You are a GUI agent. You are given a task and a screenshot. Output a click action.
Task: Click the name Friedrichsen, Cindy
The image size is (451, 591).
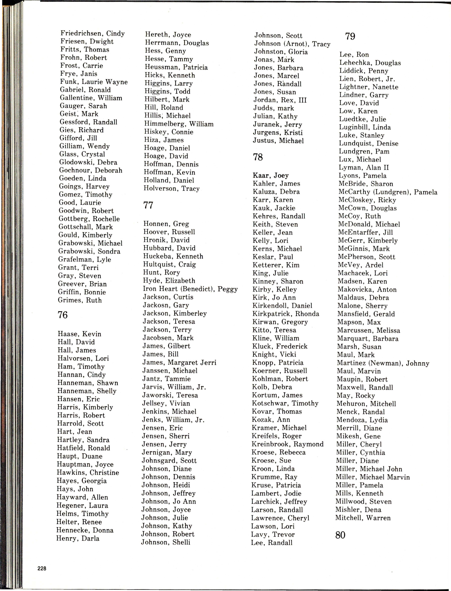click(93, 33)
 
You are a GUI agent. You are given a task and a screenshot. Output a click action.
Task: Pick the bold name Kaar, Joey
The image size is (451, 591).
click(271, 176)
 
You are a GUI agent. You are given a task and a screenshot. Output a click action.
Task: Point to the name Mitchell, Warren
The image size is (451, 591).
click(363, 518)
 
